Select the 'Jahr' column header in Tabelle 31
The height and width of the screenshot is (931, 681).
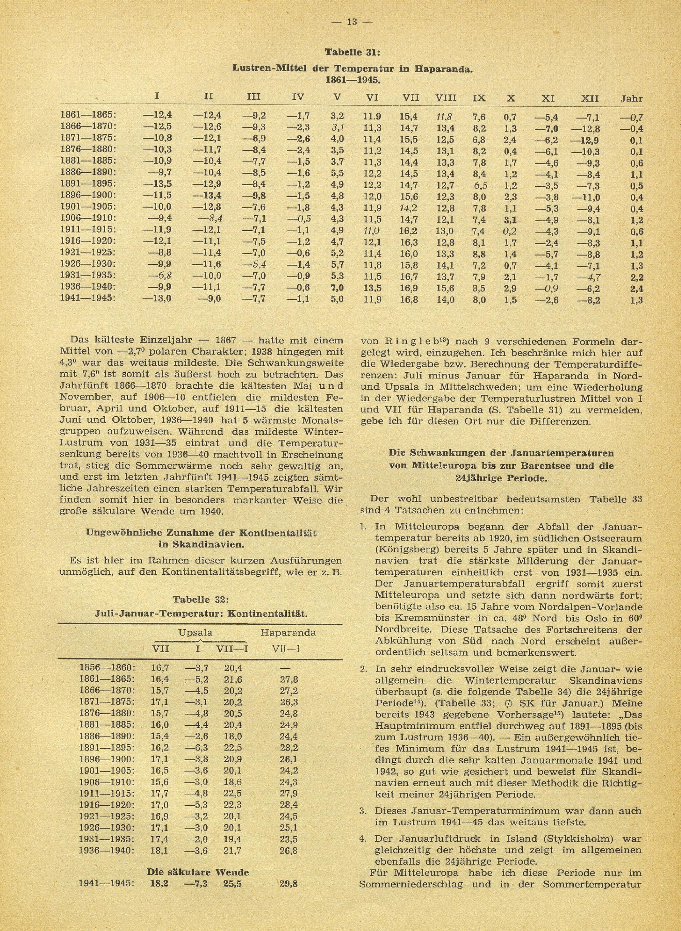[632, 98]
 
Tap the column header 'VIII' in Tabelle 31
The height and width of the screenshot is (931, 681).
[446, 98]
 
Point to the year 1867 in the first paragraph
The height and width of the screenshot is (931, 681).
[225, 341]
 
